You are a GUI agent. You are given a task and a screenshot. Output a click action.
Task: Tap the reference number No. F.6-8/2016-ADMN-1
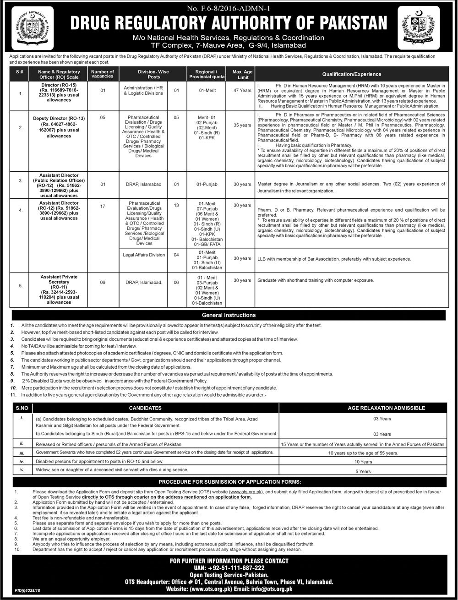pos(229,7)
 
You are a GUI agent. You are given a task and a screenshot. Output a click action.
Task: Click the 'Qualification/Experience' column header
pos(351,74)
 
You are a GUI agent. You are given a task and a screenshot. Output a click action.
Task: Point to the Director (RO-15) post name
pos(59,85)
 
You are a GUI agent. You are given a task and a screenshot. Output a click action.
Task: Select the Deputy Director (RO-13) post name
pos(59,118)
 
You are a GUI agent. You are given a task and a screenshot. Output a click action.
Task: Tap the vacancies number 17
pos(103,207)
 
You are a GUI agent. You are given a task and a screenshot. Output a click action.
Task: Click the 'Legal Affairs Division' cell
pos(143,255)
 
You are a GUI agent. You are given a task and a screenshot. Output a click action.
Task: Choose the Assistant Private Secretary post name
pos(59,277)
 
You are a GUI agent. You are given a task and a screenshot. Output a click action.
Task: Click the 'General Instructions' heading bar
pos(229,315)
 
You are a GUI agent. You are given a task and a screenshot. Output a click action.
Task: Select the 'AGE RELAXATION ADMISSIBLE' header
pos(387,408)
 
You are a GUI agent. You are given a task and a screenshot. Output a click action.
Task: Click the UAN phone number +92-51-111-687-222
pos(229,567)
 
